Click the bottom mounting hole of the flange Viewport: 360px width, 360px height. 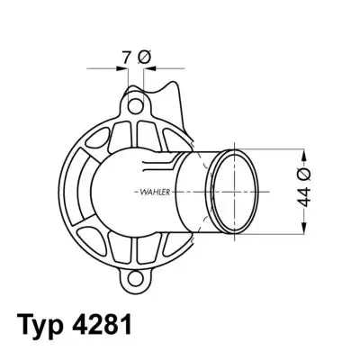point(135,278)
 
